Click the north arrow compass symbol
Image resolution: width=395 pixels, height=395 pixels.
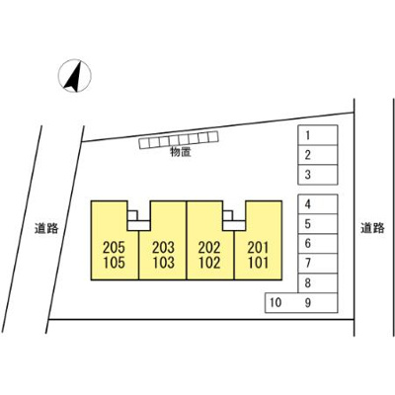click(75, 76)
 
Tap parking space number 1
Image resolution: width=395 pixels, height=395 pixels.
click(318, 135)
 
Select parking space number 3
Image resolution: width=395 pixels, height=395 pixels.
click(318, 175)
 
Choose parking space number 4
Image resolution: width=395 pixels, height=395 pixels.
click(318, 204)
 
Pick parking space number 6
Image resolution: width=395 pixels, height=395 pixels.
click(318, 244)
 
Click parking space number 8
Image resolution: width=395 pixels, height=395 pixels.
click(318, 283)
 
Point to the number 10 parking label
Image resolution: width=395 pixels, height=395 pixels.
click(276, 302)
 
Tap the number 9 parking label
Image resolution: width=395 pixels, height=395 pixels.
click(308, 302)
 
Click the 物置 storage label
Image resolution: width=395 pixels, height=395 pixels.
click(181, 152)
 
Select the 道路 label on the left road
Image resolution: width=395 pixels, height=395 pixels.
click(46, 228)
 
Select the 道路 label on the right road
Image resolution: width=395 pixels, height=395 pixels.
click(372, 228)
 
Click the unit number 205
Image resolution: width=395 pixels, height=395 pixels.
click(114, 247)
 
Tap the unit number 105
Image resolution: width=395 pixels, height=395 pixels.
click(114, 263)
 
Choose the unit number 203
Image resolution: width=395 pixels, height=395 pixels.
click(163, 247)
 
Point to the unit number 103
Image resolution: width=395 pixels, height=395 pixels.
click(163, 263)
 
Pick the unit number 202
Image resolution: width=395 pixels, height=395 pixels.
click(209, 247)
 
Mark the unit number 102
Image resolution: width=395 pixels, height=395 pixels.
click(209, 263)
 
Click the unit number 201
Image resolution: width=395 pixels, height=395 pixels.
click(258, 247)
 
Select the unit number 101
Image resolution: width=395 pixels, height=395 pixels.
click(258, 263)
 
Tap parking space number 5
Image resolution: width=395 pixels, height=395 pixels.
click(318, 224)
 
